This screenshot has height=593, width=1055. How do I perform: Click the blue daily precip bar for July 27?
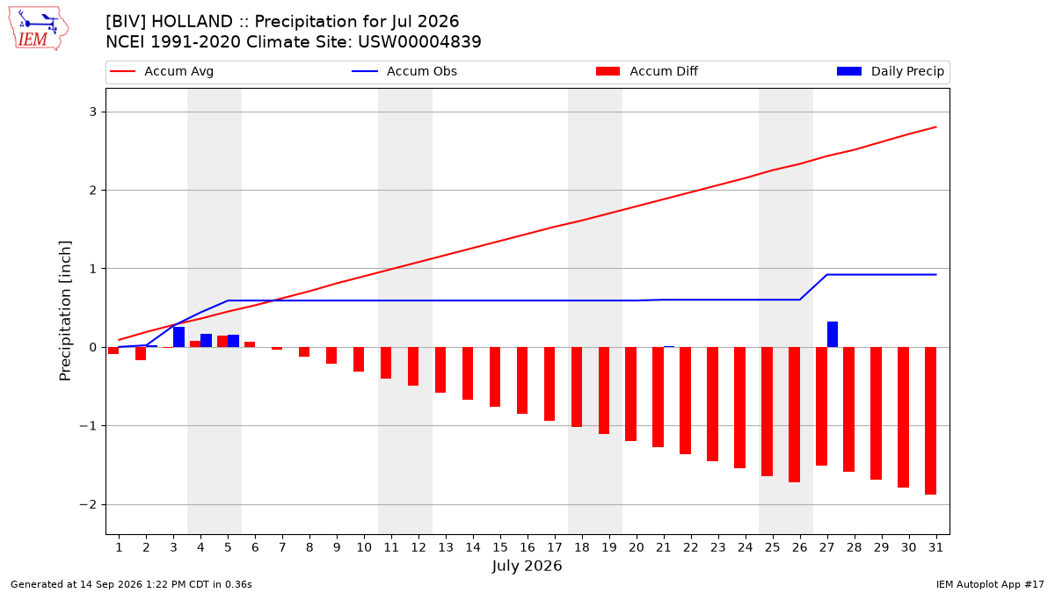[833, 335]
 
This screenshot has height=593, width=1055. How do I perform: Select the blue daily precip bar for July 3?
[179, 337]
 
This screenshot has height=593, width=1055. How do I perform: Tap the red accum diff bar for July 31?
[930, 421]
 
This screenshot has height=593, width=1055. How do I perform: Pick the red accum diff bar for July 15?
[495, 377]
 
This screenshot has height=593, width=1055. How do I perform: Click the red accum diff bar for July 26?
[794, 415]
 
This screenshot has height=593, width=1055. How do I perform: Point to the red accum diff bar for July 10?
[359, 359]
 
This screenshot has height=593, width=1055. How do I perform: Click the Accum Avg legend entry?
[162, 71]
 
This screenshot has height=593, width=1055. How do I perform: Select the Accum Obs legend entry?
[404, 71]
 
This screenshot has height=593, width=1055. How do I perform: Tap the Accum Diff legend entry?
[647, 71]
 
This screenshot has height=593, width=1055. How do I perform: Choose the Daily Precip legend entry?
[891, 71]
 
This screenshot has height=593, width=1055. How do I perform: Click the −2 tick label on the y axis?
[88, 504]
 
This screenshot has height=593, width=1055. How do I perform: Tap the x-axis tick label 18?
[582, 547]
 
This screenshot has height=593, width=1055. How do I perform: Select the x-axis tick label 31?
[935, 547]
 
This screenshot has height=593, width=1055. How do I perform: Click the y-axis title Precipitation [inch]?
[65, 311]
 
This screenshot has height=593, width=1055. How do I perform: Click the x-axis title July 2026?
[527, 566]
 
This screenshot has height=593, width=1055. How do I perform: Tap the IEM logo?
[38, 29]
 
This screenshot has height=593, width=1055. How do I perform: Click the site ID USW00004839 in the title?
[419, 42]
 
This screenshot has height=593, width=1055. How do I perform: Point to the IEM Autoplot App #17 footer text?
[990, 584]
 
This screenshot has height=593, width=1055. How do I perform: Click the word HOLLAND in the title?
[193, 22]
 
